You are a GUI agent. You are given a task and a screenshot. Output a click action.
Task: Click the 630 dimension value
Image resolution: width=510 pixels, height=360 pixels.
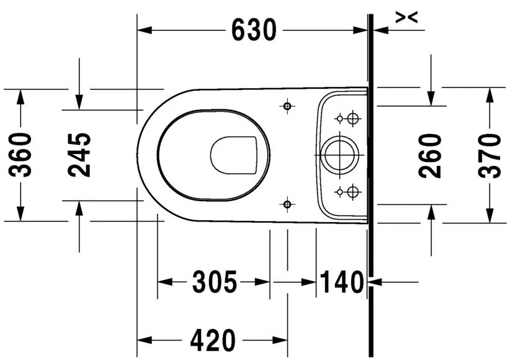click(254, 30)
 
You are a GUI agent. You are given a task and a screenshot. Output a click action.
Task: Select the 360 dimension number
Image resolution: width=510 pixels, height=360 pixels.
click(22, 155)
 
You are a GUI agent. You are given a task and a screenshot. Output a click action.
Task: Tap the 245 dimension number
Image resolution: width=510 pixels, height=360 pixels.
click(79, 155)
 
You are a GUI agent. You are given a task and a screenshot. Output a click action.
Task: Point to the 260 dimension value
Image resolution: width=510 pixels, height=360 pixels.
click(431, 155)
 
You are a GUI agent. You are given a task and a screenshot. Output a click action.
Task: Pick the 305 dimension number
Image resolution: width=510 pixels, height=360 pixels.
click(214, 283)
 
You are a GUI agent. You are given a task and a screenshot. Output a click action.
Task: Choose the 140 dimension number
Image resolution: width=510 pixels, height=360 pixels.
click(341, 283)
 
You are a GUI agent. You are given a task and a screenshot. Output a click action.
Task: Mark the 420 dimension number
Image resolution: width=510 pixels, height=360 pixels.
click(213, 340)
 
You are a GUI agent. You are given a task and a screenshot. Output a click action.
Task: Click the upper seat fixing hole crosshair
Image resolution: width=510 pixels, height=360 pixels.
click(287, 107)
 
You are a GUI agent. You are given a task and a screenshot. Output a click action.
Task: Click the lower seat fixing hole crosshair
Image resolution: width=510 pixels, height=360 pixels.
click(287, 203)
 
